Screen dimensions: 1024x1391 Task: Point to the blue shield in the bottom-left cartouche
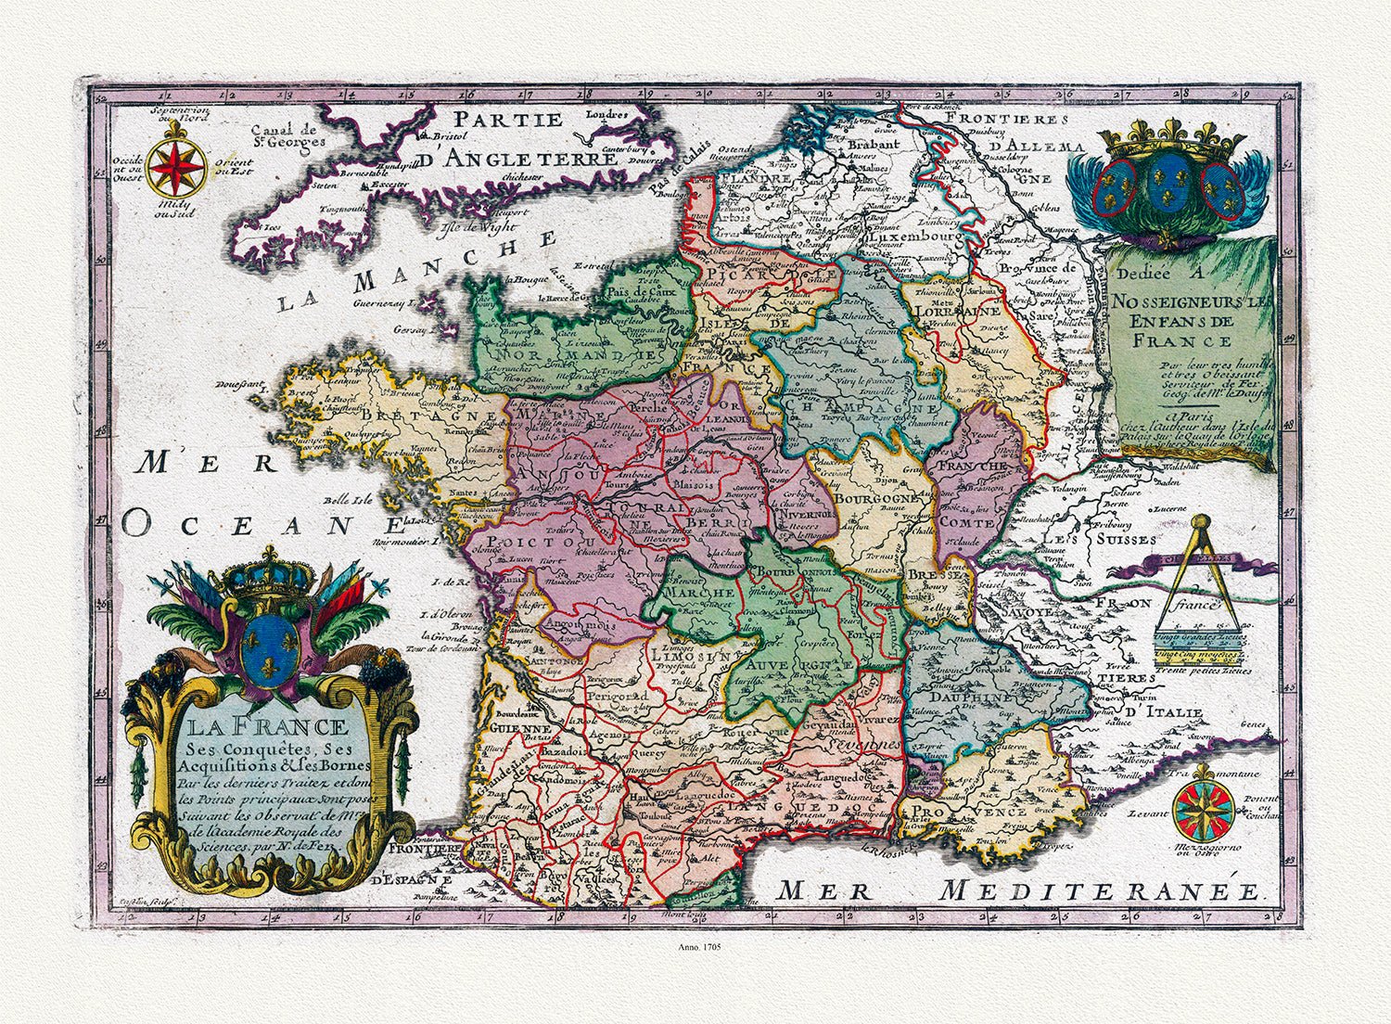tap(269, 646)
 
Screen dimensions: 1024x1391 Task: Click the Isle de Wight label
tap(471, 224)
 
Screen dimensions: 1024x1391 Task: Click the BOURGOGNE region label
tap(876, 498)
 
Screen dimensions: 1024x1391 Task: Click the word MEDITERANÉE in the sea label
tap(1099, 891)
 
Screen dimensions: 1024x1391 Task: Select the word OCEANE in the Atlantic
tap(250, 525)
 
